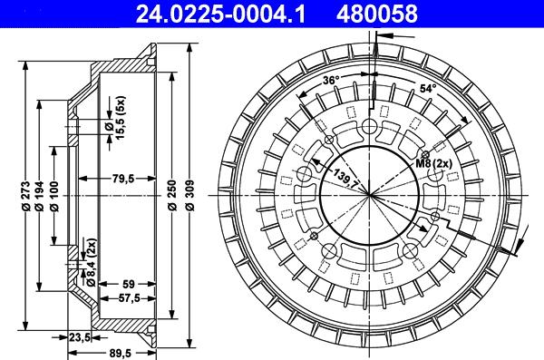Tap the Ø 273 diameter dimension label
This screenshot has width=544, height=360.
pos(27,197)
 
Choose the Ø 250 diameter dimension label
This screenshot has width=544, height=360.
pos(172,197)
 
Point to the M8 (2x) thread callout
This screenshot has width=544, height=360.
pos(434,162)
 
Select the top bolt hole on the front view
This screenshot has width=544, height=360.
pos(370,128)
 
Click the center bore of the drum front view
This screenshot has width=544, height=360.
pos(370,194)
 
